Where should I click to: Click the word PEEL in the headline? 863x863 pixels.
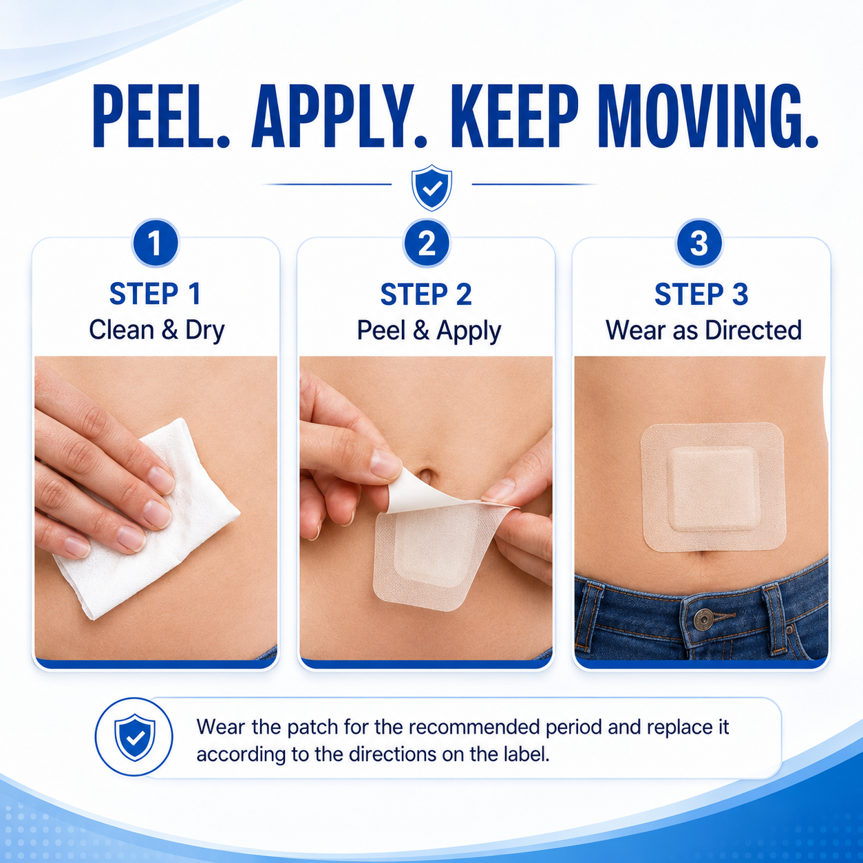pyautogui.click(x=161, y=116)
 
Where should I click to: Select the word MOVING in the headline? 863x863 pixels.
pyautogui.click(x=707, y=116)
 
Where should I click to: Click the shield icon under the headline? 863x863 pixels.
pyautogui.click(x=431, y=187)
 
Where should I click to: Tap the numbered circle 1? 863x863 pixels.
pyautogui.click(x=156, y=243)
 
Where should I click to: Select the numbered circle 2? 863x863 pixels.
pyautogui.click(x=427, y=243)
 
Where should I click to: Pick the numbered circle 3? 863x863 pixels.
pyautogui.click(x=699, y=243)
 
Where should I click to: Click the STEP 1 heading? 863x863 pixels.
pyautogui.click(x=156, y=294)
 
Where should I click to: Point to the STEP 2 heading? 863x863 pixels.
pyautogui.click(x=427, y=295)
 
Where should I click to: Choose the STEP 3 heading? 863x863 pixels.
pyautogui.click(x=701, y=295)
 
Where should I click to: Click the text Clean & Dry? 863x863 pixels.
pyautogui.click(x=157, y=330)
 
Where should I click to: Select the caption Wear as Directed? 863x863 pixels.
pyautogui.click(x=703, y=330)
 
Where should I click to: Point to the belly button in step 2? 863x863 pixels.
pyautogui.click(x=425, y=475)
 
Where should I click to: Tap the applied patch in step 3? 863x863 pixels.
pyautogui.click(x=713, y=487)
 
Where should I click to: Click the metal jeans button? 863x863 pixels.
pyautogui.click(x=703, y=619)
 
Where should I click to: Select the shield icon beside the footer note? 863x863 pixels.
pyautogui.click(x=135, y=737)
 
